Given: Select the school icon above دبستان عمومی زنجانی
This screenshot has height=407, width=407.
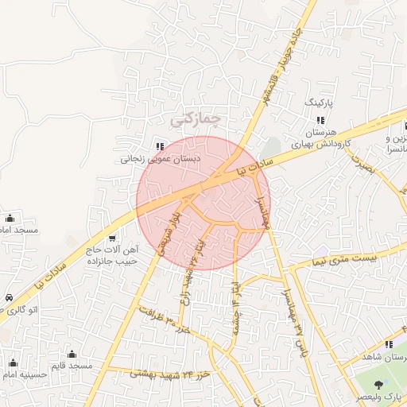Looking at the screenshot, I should tap(161, 146).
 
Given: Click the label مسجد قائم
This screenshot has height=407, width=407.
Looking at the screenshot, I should tap(72, 366).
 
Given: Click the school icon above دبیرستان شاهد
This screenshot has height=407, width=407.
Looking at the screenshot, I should tap(389, 344).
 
